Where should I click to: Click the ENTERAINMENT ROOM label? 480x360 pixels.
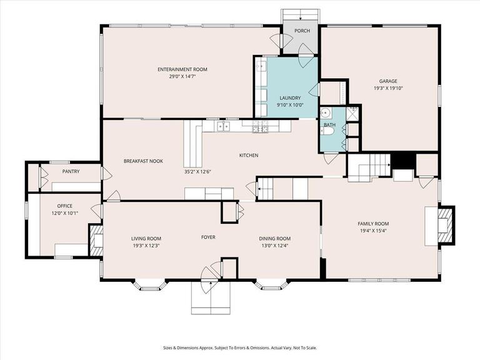point(182,69)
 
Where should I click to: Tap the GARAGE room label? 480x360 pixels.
point(388,81)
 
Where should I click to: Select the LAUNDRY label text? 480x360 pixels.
point(290,98)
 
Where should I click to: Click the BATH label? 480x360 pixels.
point(329,125)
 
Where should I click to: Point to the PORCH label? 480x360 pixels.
point(302,31)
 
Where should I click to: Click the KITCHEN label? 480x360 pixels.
point(249,156)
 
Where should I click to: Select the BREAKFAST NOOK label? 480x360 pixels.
point(143,161)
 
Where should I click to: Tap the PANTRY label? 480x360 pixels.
point(70,171)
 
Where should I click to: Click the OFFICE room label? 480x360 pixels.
point(65,206)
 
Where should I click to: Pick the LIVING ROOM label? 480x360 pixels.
point(146,239)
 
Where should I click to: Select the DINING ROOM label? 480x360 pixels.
point(275,239)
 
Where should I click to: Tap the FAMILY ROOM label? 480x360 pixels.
point(373,224)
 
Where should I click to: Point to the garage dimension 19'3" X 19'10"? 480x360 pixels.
point(388,88)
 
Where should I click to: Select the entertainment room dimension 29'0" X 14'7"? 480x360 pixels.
point(182,76)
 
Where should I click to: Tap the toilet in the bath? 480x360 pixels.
point(326,114)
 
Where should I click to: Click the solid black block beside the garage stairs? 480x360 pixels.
point(402,161)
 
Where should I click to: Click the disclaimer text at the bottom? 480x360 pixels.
point(240,348)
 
